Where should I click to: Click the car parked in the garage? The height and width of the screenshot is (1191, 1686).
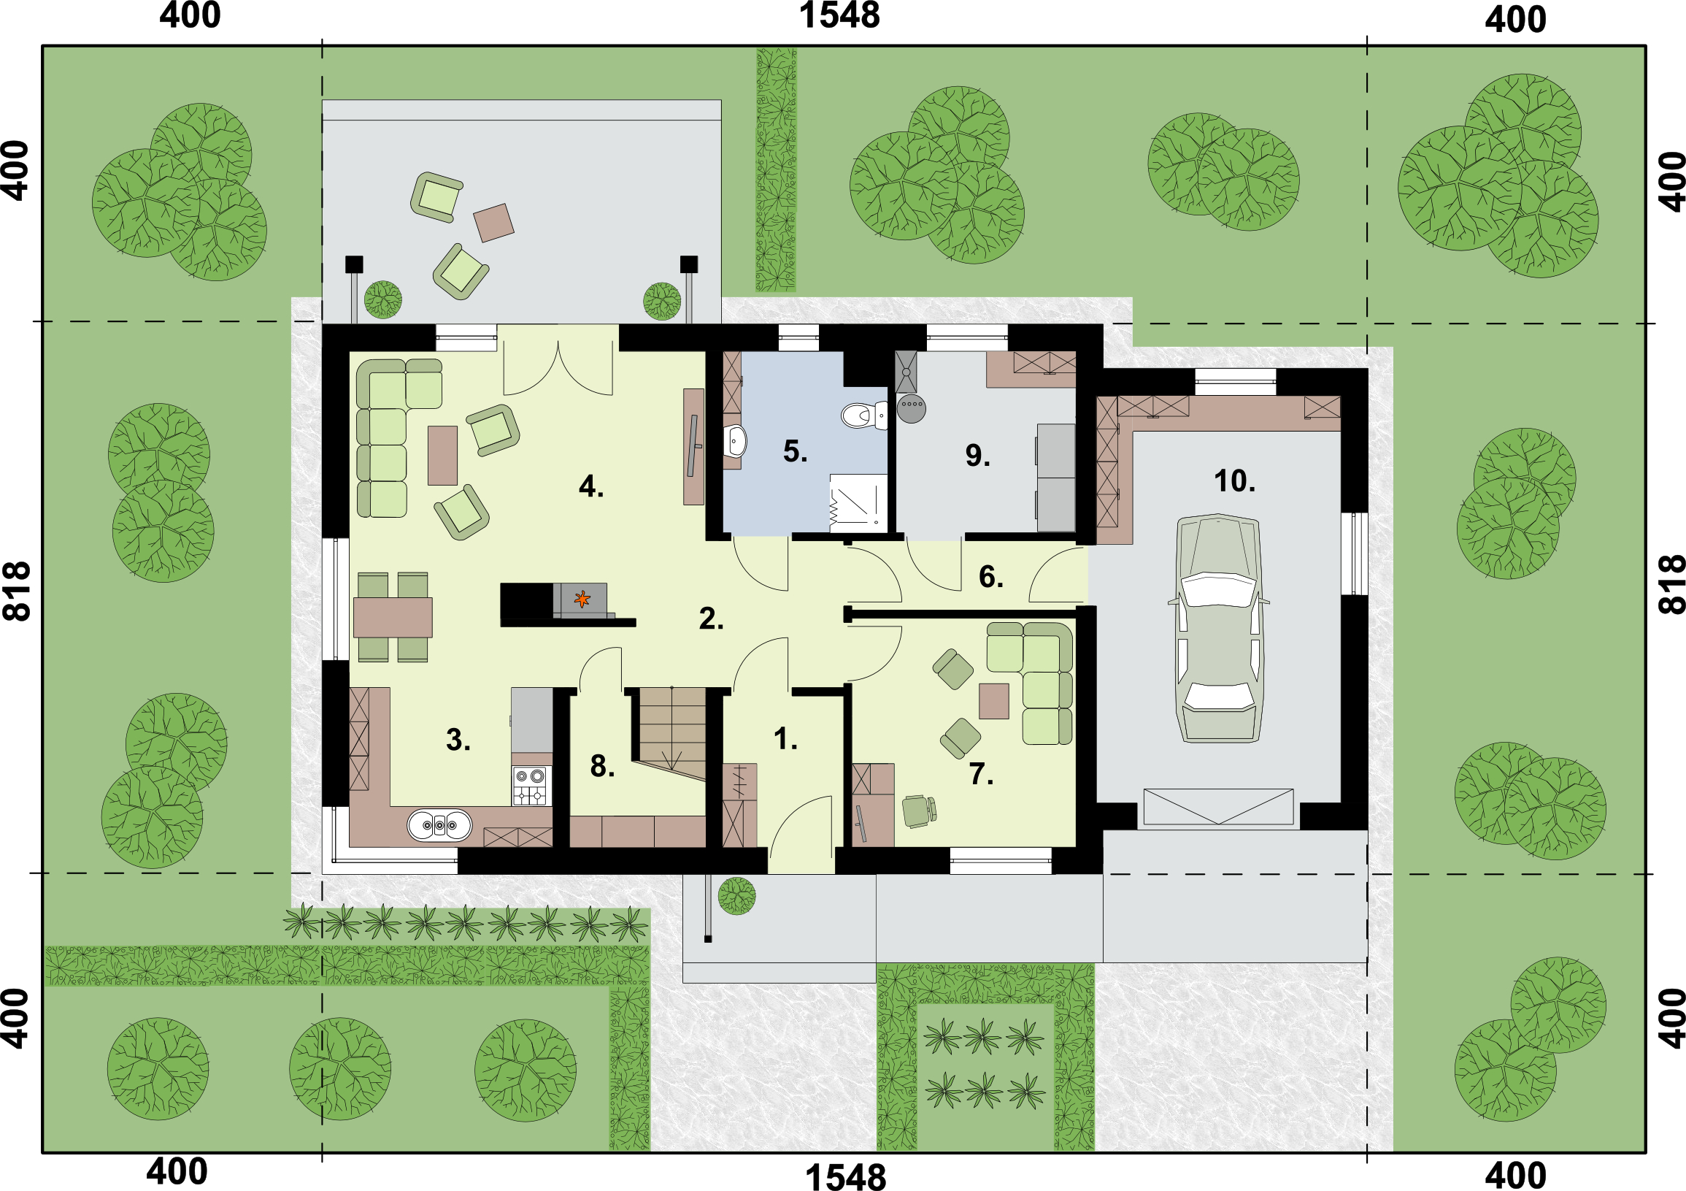pyautogui.click(x=1218, y=628)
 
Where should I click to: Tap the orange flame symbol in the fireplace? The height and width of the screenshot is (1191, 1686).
pyautogui.click(x=582, y=599)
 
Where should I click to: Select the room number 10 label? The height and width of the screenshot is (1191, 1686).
pyautogui.click(x=1234, y=481)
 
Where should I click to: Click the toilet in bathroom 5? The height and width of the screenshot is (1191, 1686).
pyautogui.click(x=864, y=415)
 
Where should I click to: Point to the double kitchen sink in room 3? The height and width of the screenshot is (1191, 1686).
pyautogui.click(x=439, y=825)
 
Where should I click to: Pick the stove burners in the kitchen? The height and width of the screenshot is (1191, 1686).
pyautogui.click(x=529, y=786)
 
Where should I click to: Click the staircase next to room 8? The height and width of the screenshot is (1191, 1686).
pyautogui.click(x=671, y=733)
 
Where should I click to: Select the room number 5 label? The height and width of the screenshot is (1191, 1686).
pyautogui.click(x=796, y=451)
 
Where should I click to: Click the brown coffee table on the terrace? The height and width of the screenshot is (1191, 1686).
pyautogui.click(x=493, y=223)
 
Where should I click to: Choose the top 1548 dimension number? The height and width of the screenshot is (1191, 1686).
pyautogui.click(x=839, y=15)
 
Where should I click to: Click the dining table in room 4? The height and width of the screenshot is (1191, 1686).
pyautogui.click(x=393, y=617)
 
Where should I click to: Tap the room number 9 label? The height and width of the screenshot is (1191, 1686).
pyautogui.click(x=977, y=456)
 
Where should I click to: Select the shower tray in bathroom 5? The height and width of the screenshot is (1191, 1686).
pyautogui.click(x=858, y=503)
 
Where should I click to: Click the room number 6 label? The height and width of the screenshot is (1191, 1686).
pyautogui.click(x=991, y=577)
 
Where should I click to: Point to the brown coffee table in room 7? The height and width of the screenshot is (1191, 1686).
pyautogui.click(x=993, y=701)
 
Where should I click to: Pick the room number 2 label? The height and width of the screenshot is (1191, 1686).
pyautogui.click(x=711, y=619)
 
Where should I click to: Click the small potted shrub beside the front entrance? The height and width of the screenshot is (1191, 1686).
pyautogui.click(x=736, y=896)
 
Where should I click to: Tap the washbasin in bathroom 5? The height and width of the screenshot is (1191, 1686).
pyautogui.click(x=735, y=442)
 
